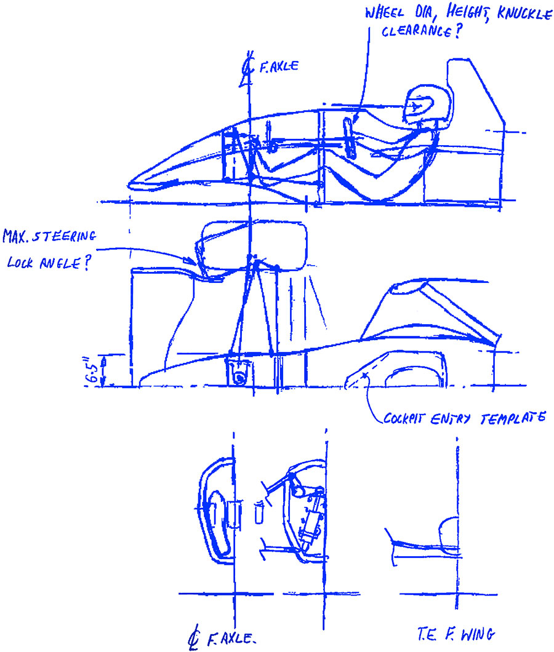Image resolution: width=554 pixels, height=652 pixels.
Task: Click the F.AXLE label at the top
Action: pos(279,66)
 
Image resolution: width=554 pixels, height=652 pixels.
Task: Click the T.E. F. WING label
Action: pos(456,634)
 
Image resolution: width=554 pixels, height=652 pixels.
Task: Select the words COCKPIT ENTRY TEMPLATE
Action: pos(464,418)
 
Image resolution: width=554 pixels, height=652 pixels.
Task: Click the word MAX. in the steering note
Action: pos(16,237)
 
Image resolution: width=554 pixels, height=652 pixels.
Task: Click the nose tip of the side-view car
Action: pos(130,184)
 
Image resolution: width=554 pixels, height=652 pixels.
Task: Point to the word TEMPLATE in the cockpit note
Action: pos(513,418)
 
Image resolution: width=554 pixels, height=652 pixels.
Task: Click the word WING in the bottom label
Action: pos(478,635)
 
